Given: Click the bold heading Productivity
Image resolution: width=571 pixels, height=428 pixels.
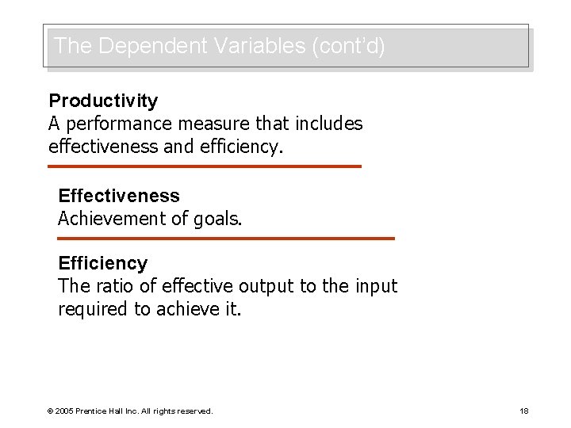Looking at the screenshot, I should click(103, 101).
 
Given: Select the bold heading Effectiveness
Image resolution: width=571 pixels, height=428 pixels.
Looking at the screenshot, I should click(119, 196).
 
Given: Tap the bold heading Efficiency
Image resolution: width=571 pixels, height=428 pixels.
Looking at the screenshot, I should click(102, 263).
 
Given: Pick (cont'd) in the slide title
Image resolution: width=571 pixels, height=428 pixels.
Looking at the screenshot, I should click(349, 46).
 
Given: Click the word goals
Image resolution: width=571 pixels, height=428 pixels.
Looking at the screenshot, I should click(216, 219).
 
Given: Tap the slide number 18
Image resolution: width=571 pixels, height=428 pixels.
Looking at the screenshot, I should click(523, 411).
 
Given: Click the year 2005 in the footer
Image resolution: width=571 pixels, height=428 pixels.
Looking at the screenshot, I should click(63, 411).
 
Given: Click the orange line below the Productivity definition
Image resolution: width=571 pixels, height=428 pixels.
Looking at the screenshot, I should click(204, 166).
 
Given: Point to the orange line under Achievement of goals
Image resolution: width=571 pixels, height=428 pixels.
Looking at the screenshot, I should click(226, 238).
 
